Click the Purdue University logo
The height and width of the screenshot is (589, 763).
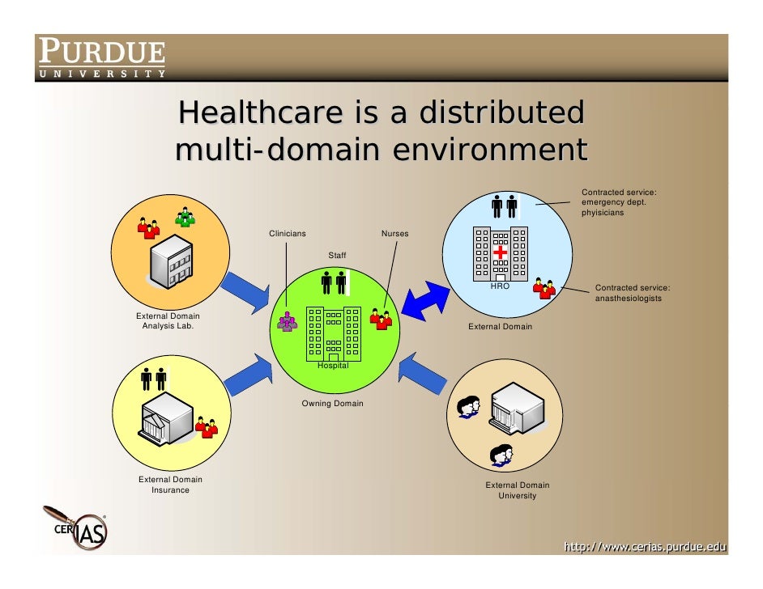tap(101, 58)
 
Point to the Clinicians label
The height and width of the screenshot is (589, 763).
tap(288, 234)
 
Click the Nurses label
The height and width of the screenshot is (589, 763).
tap(394, 234)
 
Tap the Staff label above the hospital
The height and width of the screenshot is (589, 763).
tap(337, 256)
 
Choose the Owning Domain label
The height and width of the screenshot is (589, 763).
tap(332, 403)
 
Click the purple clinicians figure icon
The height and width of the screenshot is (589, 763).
tap(288, 322)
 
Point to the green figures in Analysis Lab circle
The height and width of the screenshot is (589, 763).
tap(186, 217)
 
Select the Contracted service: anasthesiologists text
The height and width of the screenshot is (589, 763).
tap(633, 293)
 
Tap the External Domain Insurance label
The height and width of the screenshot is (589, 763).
tap(170, 485)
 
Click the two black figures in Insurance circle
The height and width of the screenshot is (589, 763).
tap(153, 379)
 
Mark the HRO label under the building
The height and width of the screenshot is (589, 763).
tap(500, 286)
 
